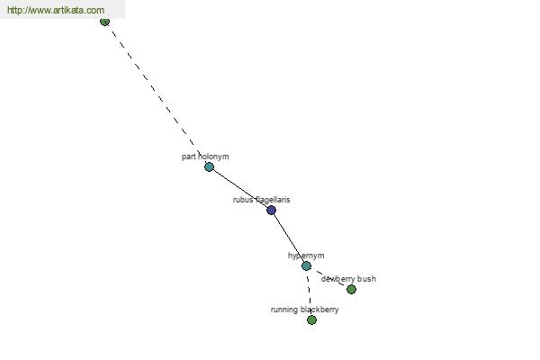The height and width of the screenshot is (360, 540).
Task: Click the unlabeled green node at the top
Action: pos(104,21)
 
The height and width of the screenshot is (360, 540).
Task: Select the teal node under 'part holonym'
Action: pos(209,166)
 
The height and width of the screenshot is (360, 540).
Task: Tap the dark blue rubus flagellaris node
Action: pos(271,211)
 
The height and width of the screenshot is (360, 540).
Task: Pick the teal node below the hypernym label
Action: pos(306,265)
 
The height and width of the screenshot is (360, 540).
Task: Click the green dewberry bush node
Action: pos(351,289)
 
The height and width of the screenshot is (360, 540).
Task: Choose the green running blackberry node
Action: pos(311,319)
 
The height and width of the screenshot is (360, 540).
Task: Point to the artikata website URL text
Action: pos(56,10)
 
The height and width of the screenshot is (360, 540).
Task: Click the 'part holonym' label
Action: pos(205,157)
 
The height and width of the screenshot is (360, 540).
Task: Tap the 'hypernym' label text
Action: pos(306,256)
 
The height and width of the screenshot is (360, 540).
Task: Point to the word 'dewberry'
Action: pos(338,279)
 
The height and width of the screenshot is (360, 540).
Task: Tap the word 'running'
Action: pos(284,310)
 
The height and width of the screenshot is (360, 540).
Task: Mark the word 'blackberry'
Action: pos(319,310)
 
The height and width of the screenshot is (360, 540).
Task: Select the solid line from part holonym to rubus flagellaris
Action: pos(239,188)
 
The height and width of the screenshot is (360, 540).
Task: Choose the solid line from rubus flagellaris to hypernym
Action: pos(288,238)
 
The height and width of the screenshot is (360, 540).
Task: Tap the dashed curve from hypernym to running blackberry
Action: pos(310,292)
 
